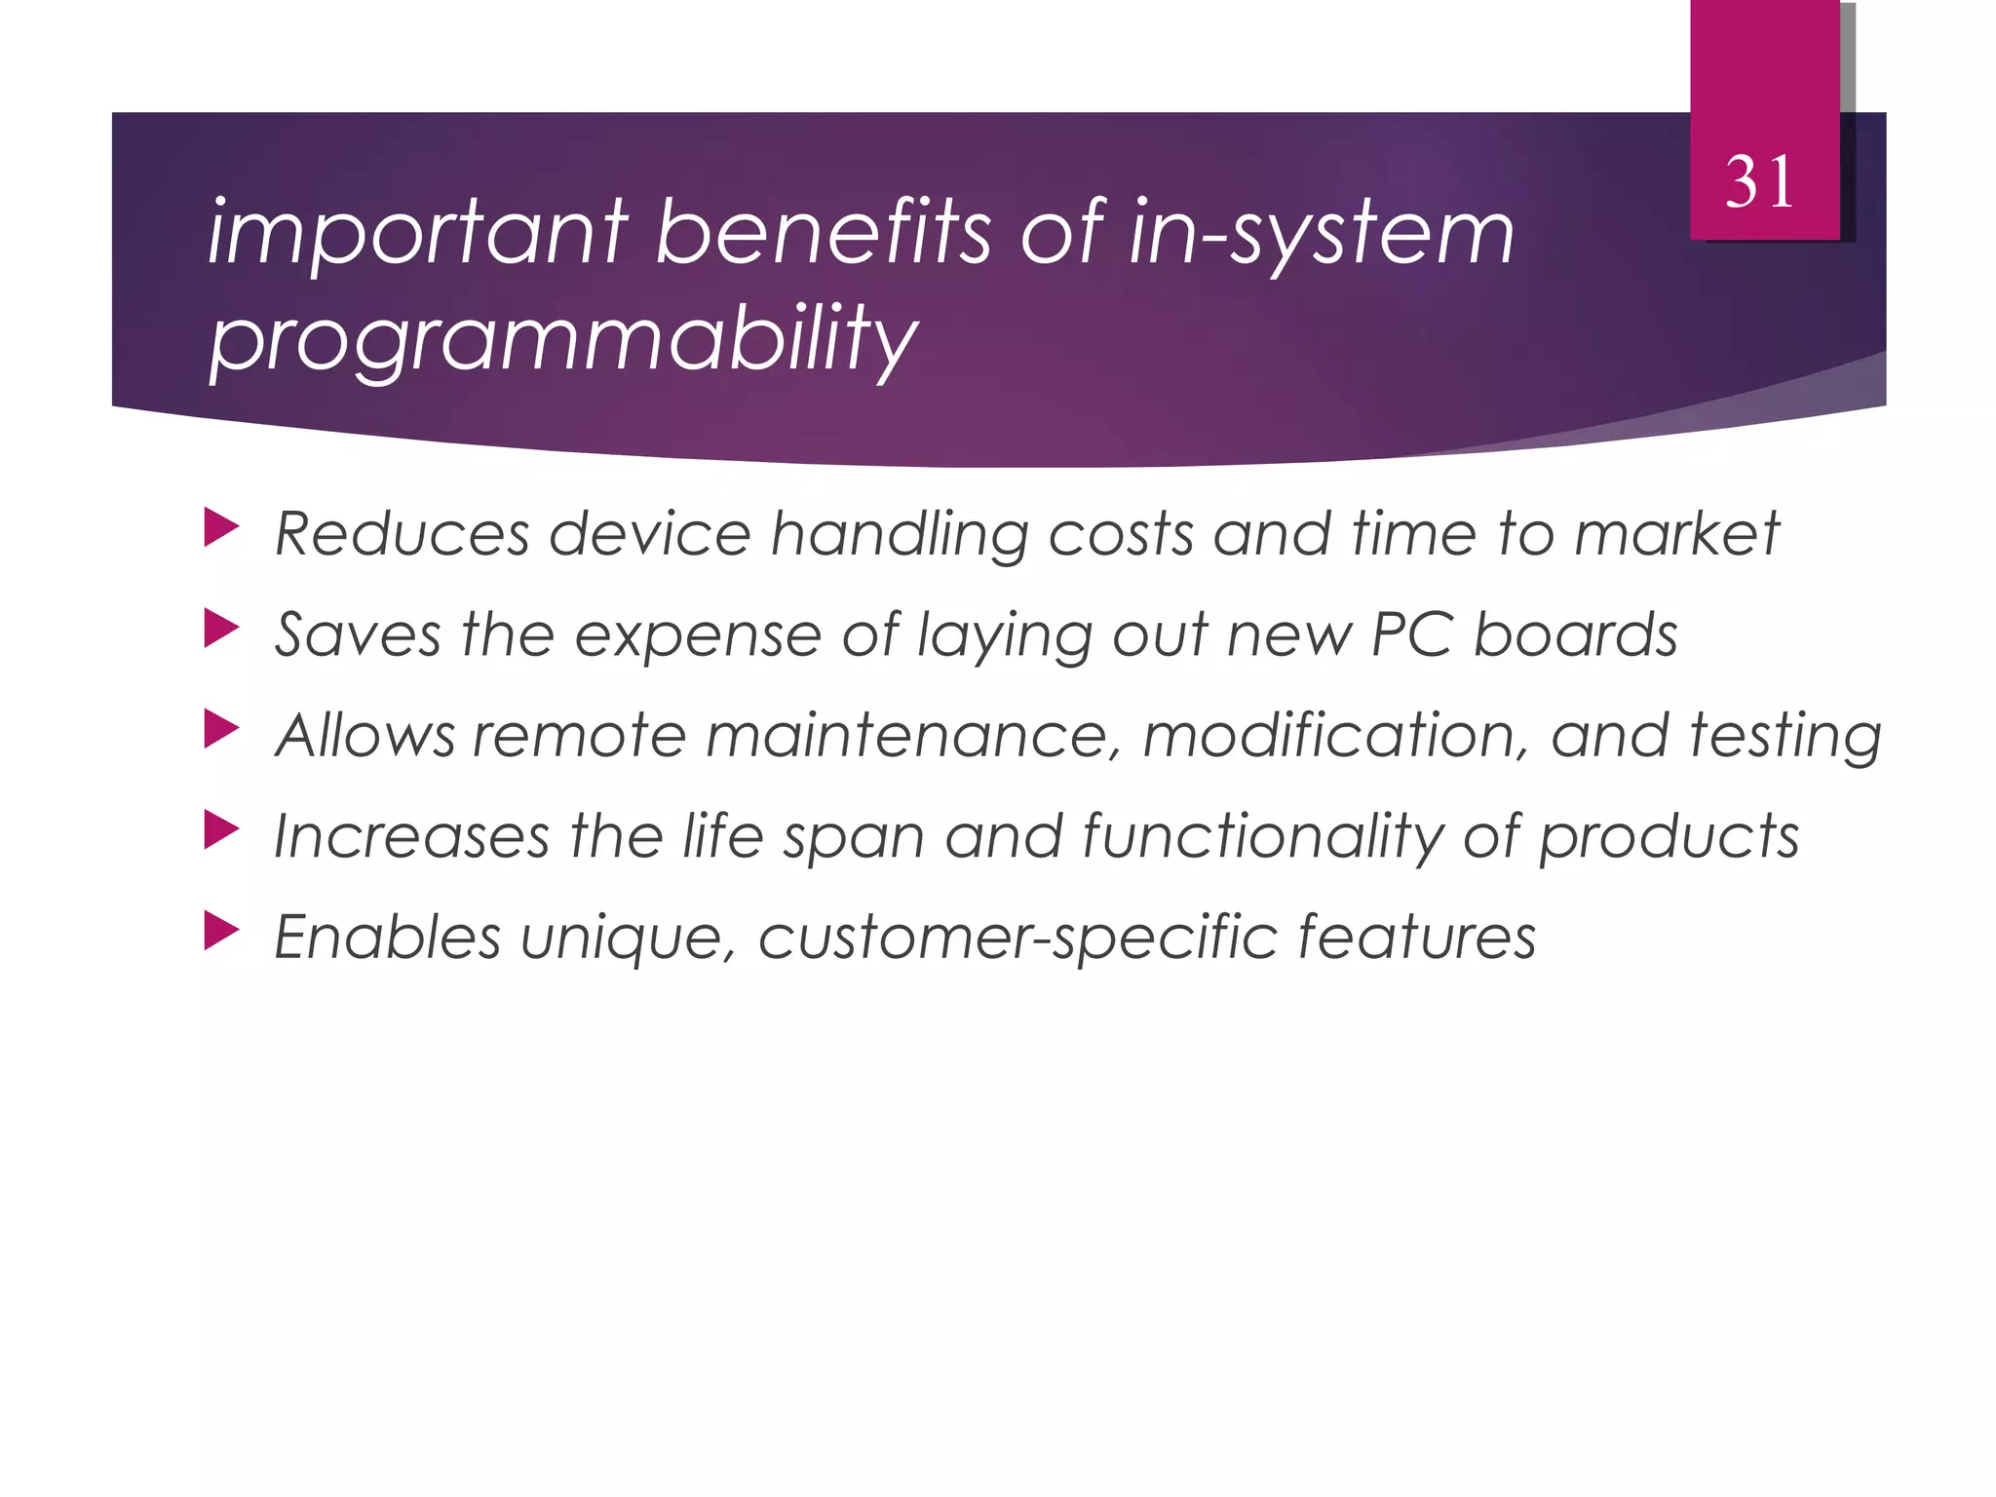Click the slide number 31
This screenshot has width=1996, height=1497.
[1759, 182]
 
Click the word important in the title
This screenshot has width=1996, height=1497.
[418, 234]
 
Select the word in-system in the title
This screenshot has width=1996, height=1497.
[1321, 234]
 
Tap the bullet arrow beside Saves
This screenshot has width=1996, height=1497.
[221, 630]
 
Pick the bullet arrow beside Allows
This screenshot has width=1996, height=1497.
[221, 730]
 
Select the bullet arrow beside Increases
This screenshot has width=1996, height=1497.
[221, 831]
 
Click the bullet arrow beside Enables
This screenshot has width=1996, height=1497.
[221, 932]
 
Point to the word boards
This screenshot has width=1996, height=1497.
[1575, 635]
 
